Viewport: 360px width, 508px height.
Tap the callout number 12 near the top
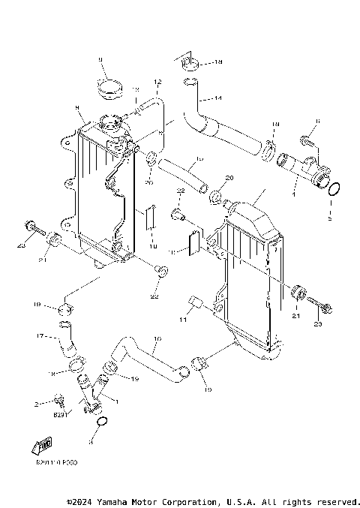pyautogui.click(x=157, y=81)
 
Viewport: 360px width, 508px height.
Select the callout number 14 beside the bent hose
pyautogui.click(x=218, y=98)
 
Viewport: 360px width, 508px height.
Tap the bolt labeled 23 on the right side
pyautogui.click(x=327, y=307)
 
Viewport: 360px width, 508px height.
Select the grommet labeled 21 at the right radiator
pyautogui.click(x=297, y=290)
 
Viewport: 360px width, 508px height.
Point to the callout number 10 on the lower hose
pyautogui.click(x=155, y=339)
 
